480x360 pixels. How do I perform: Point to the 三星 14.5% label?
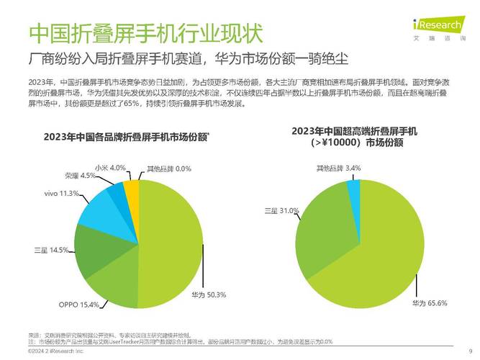pyautogui.click(x=51, y=250)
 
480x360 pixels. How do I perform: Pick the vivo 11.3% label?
pyautogui.click(x=61, y=194)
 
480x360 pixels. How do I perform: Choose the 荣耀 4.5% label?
pyautogui.click(x=80, y=176)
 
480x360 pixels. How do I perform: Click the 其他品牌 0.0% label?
pyautogui.click(x=168, y=168)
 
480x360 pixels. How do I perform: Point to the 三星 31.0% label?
pyautogui.click(x=281, y=210)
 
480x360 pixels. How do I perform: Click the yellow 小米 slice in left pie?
pyautogui.click(x=132, y=192)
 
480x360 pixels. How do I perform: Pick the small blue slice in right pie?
pyautogui.click(x=353, y=190)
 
